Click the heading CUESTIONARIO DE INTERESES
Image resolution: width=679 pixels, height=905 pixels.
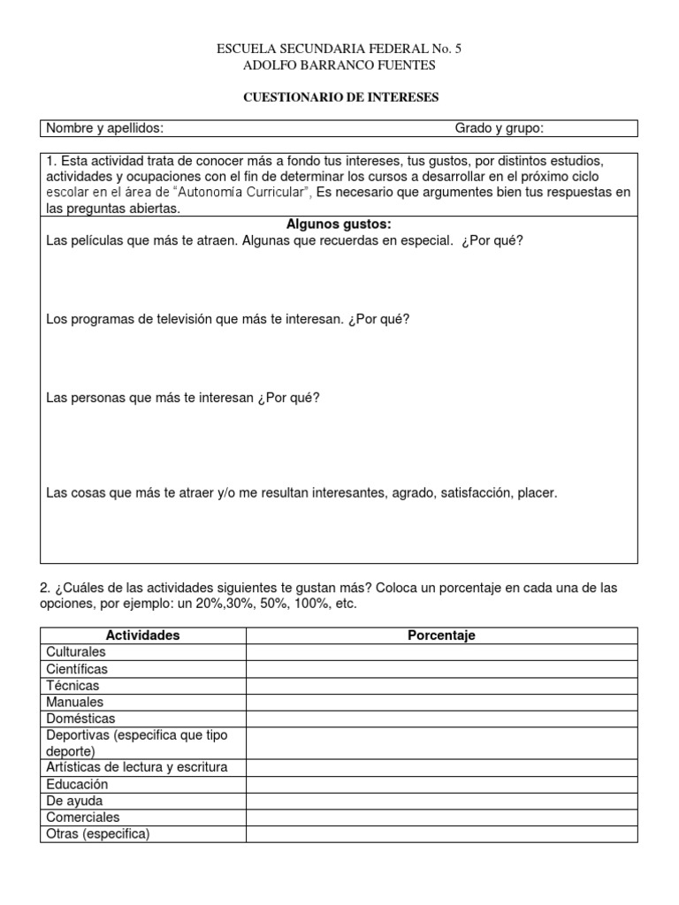point(340,97)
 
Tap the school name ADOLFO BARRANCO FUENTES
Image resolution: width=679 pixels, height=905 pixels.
point(339,65)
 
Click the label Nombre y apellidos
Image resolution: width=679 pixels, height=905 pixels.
point(104,129)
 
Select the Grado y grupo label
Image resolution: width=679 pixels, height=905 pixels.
point(499,129)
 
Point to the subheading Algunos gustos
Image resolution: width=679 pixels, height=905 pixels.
point(339,224)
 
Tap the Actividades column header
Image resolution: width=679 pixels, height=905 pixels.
point(142,635)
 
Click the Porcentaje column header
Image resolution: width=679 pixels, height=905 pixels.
point(441,635)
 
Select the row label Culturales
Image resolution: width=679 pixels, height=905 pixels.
point(75,652)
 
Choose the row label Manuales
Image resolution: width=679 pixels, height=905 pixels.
point(74,702)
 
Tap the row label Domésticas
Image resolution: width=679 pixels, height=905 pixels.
point(80,719)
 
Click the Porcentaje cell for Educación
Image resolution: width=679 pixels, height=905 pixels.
point(441,785)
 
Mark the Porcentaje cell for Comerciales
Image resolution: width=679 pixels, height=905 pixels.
point(441,818)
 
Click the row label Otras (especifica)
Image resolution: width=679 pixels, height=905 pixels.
point(97,834)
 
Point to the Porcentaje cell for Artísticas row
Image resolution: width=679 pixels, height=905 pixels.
point(441,767)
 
